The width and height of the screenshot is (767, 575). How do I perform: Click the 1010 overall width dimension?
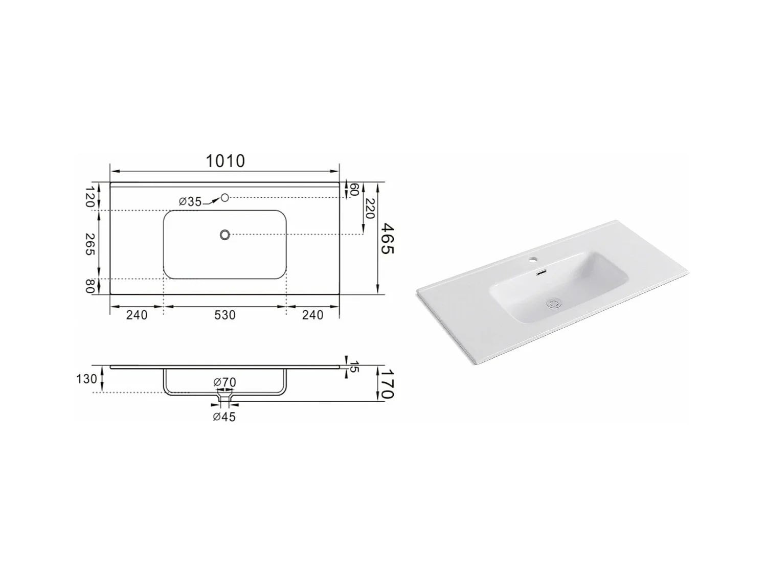(x=225, y=161)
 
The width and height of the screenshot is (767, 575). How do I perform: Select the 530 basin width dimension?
(x=224, y=315)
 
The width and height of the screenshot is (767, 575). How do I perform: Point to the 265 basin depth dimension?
(x=90, y=244)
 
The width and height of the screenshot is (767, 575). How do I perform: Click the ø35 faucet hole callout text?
(x=190, y=201)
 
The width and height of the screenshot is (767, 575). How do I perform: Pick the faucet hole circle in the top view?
(x=224, y=198)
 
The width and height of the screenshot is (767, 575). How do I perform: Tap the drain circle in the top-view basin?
(x=224, y=235)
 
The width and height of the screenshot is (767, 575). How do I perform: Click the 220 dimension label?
(x=370, y=209)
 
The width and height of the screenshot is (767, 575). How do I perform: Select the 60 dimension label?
(x=354, y=190)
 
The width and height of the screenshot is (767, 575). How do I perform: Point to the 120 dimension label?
(x=90, y=197)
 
